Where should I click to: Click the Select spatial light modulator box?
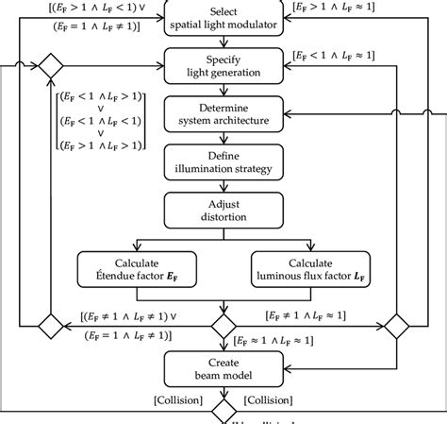tap(223, 16)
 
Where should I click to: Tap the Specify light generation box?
tap(223, 66)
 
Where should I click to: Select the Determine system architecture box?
tap(223, 115)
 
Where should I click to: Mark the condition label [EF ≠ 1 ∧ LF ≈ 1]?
tap(318, 314)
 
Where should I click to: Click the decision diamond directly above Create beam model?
tap(223, 326)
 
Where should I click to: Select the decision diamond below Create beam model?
tap(223, 413)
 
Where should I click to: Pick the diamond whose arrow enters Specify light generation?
tap(50, 67)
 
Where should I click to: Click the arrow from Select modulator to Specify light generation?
tap(223, 41)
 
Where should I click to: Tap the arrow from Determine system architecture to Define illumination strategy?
tap(223, 138)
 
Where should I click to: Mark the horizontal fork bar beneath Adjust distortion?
tap(223, 237)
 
